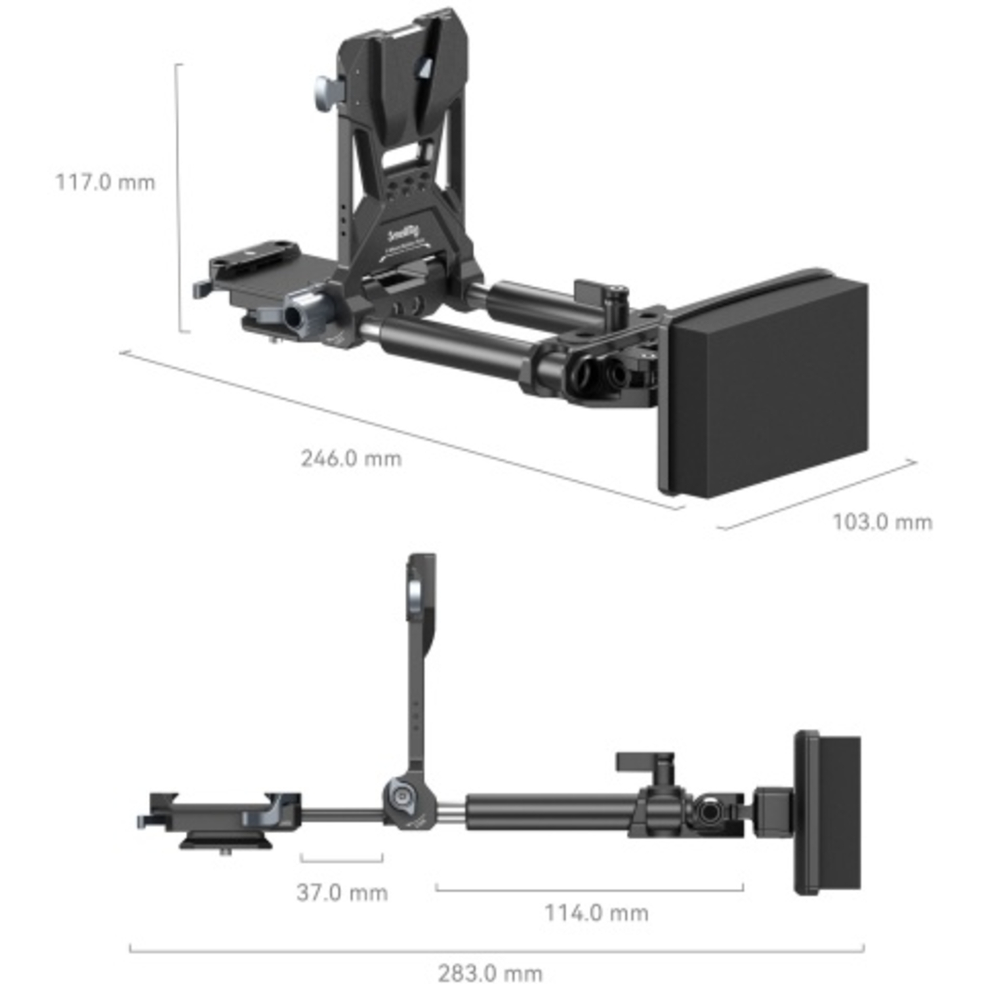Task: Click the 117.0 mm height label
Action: click(105, 182)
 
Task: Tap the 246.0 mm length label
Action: click(351, 458)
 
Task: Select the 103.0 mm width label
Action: click(882, 522)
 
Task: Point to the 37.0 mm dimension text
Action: click(342, 892)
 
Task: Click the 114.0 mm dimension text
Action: click(596, 912)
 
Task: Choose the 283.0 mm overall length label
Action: click(490, 973)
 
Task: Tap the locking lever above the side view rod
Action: click(645, 762)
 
